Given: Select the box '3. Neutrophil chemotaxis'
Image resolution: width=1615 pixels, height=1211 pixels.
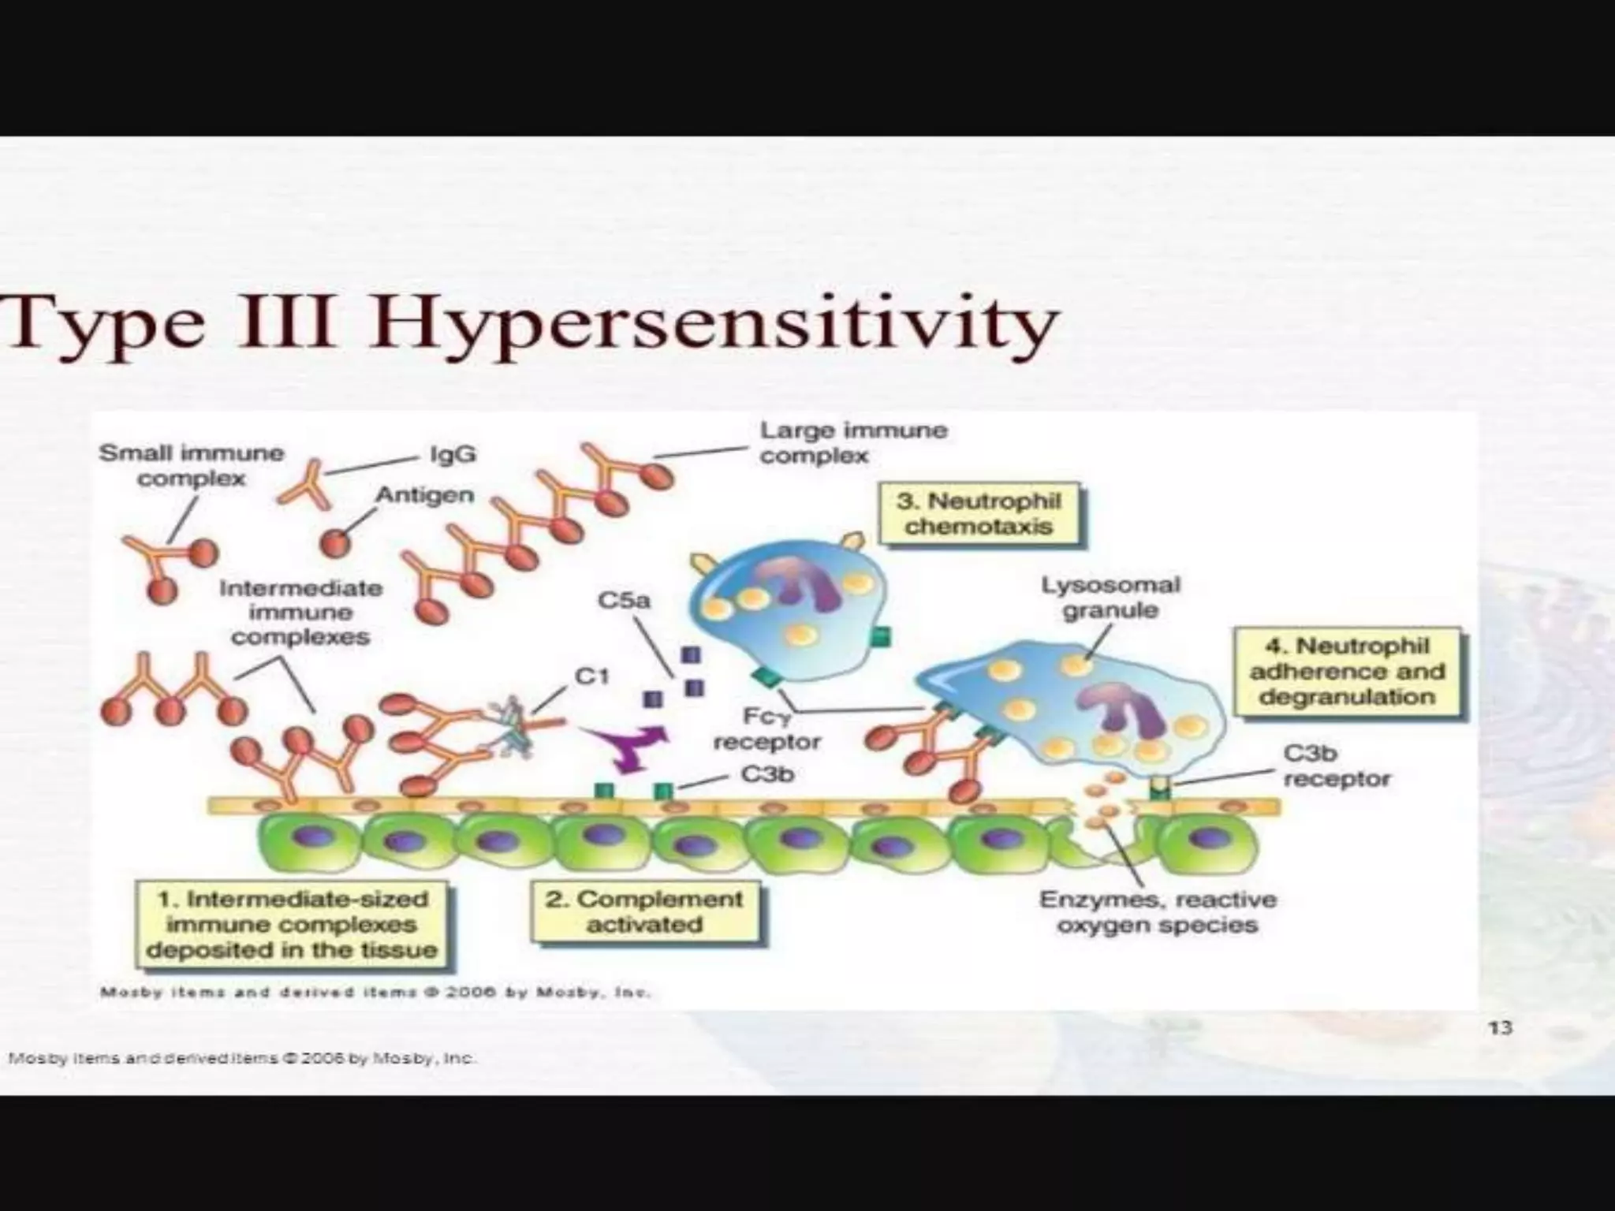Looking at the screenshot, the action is pyautogui.click(x=979, y=513).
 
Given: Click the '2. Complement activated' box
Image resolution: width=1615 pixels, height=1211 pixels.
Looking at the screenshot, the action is pyautogui.click(x=644, y=911).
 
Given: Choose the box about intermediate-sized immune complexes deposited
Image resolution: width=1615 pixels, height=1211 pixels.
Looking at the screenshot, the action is pyautogui.click(x=292, y=924).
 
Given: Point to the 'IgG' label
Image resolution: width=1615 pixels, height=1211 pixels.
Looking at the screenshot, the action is pyautogui.click(x=453, y=455).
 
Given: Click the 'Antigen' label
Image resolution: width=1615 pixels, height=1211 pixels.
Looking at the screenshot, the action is pyautogui.click(x=424, y=495).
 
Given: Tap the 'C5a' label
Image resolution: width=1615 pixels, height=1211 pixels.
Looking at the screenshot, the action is pyautogui.click(x=624, y=601).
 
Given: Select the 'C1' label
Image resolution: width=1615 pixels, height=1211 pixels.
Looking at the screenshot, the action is pyautogui.click(x=591, y=676).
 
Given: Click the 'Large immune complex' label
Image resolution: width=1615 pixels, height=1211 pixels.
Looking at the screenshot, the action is pyautogui.click(x=853, y=442).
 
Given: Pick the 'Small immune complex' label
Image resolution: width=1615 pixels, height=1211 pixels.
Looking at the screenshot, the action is pyautogui.click(x=191, y=465).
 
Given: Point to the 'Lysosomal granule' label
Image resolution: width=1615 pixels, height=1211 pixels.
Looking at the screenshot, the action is pyautogui.click(x=1110, y=598).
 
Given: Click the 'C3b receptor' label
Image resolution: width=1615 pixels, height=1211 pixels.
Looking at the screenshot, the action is pyautogui.click(x=1336, y=766).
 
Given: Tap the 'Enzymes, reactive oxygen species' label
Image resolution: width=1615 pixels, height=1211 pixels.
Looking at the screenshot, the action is pyautogui.click(x=1158, y=911).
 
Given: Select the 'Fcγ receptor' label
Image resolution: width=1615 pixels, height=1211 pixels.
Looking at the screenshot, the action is pyautogui.click(x=766, y=729).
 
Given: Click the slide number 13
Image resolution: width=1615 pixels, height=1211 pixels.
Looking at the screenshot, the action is pyautogui.click(x=1500, y=1027).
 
